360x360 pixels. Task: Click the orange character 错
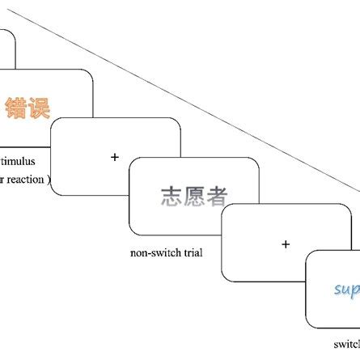tap(16, 108)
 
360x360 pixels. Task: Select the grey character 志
tap(172, 196)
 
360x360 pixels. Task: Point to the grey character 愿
tap(194, 196)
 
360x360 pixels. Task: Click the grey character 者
tap(217, 196)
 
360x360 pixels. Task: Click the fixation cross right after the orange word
tap(114, 156)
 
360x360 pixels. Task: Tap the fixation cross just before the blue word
tap(285, 244)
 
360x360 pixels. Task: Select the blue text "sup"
tap(347, 289)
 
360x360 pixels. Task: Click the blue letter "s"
tap(337, 290)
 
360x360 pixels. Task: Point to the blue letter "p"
tap(356, 290)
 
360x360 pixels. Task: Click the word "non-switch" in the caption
tap(154, 252)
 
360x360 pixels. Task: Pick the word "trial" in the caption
tap(191, 252)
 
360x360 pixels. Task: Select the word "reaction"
tap(28, 180)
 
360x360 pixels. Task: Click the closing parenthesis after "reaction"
tap(49, 180)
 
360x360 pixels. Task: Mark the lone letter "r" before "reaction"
tap(4, 180)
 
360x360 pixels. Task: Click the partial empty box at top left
tap(6, 49)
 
